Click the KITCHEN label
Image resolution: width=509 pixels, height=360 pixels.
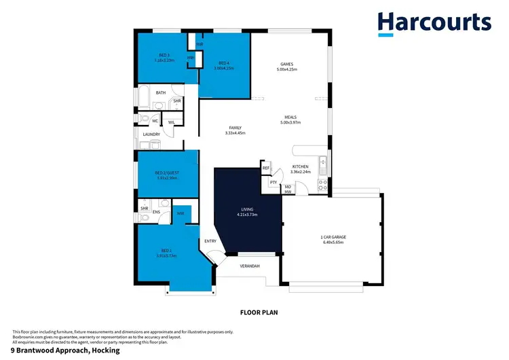click(x=300, y=166)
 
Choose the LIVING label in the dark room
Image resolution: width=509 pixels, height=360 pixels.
click(x=248, y=211)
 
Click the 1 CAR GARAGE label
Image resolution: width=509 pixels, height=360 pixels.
click(x=333, y=238)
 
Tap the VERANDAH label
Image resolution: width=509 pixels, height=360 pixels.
click(x=250, y=266)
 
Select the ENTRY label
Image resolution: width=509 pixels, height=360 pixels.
click(x=210, y=241)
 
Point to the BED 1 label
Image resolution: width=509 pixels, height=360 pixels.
click(x=166, y=251)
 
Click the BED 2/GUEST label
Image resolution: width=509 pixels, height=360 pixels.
click(x=167, y=174)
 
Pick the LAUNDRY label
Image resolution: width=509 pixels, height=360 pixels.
click(x=151, y=134)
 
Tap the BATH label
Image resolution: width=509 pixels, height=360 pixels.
click(x=161, y=93)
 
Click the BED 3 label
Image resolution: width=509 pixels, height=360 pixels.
click(x=164, y=55)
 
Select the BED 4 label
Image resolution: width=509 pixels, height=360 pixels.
click(x=223, y=65)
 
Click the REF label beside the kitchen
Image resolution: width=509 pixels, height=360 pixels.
click(x=266, y=168)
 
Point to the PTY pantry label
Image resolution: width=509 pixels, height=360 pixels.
click(x=273, y=182)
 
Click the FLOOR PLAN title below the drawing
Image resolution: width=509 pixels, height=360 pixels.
click(x=259, y=313)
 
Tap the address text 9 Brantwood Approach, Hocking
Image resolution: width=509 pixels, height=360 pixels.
click(x=65, y=351)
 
